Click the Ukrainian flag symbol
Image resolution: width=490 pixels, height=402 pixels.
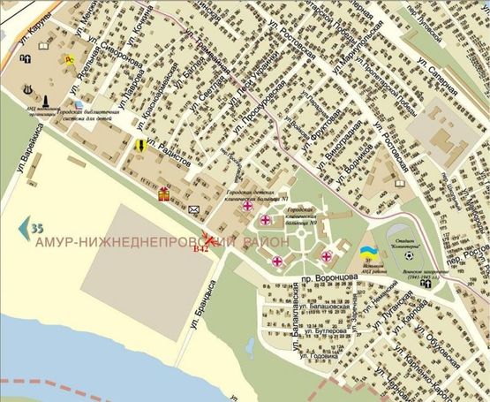(x=366, y=252)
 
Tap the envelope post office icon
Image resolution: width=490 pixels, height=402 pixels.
(x=194, y=209)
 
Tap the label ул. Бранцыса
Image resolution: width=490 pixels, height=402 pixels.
(x=197, y=306)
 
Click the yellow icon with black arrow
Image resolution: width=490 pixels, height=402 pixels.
(x=139, y=146)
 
